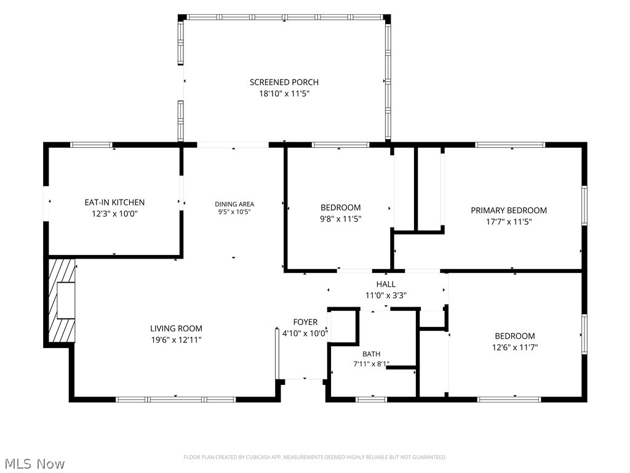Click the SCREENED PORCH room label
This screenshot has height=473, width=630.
[x=284, y=82]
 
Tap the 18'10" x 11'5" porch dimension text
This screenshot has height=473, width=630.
[x=284, y=94]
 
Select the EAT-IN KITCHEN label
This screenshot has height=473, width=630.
[x=114, y=202]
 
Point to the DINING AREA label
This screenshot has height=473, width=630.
[x=234, y=204]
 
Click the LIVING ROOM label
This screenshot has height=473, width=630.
[x=176, y=329]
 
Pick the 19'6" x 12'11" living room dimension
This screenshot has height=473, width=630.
[x=176, y=340]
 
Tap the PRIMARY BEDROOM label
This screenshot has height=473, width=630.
[x=509, y=211]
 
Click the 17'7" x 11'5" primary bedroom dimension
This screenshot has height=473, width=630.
[x=509, y=222]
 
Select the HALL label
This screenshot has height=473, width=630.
[x=386, y=285]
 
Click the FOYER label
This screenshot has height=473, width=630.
[x=305, y=322]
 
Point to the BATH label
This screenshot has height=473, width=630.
[x=371, y=354]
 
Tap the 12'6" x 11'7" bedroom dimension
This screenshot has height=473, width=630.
[x=515, y=347]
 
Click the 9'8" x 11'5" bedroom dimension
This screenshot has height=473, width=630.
[x=340, y=219]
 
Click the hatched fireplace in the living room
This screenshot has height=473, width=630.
[x=62, y=301]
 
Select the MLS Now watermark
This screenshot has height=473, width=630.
[x=34, y=464]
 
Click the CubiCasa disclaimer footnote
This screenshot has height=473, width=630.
[x=315, y=458]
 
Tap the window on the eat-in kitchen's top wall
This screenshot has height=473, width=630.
[x=91, y=145]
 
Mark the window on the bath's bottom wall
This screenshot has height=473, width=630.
[x=371, y=399]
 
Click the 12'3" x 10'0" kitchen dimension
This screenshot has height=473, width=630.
[x=114, y=214]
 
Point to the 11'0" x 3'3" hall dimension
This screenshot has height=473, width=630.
[x=386, y=296]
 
